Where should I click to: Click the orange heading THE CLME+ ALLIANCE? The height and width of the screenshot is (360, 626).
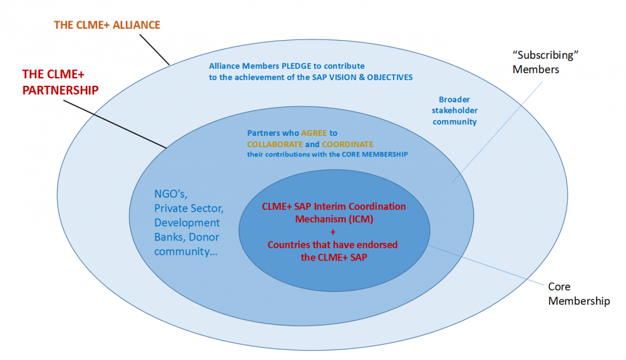pyautogui.click(x=107, y=25)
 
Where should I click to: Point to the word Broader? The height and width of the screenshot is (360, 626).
pyautogui.click(x=454, y=100)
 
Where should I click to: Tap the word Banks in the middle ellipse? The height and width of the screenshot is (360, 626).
pyautogui.click(x=168, y=237)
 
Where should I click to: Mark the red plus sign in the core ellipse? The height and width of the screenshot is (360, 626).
pyautogui.click(x=332, y=232)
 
